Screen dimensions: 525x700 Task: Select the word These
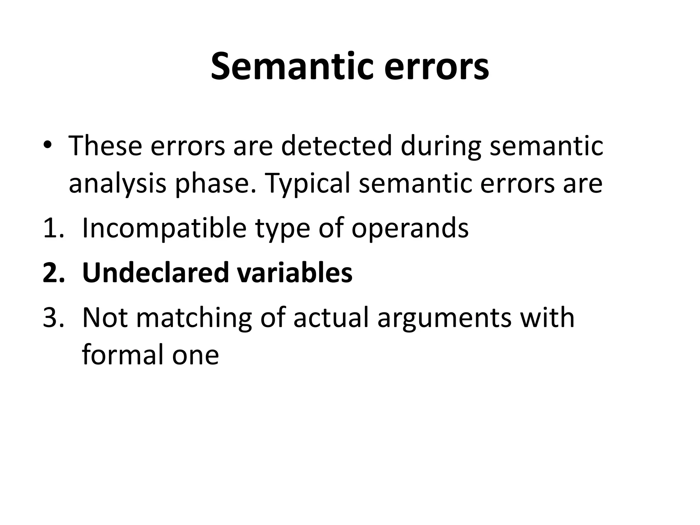[105, 146]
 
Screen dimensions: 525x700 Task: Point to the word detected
[336, 146]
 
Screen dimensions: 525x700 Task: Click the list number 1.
[53, 228]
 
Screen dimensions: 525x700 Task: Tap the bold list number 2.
[54, 273]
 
